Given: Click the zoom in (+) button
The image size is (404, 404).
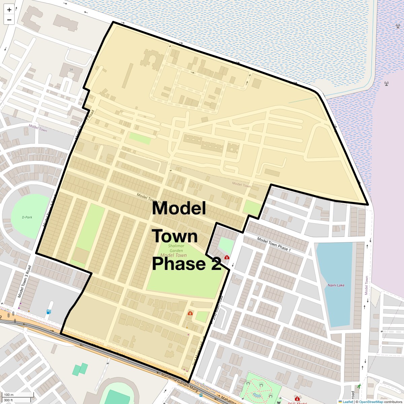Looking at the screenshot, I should tap(9, 10).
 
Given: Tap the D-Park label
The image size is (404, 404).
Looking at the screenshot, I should tap(27, 217).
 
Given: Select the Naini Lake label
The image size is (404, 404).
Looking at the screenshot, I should tap(336, 285).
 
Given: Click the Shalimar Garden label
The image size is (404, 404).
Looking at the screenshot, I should tap(176, 248).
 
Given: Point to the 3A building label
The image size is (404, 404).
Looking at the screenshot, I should tap(71, 69).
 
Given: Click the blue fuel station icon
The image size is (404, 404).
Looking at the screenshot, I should tap(49, 312).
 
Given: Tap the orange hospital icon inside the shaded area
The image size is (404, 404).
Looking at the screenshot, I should tap(190, 313).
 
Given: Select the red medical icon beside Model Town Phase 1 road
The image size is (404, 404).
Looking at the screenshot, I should tap(227, 257).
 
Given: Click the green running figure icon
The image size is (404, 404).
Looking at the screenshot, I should tap(359, 386).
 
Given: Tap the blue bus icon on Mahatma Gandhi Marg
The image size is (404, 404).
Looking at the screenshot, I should tap(201, 396).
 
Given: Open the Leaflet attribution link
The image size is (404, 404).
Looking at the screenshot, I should tap(347, 402).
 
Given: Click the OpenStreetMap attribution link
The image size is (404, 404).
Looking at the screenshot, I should tap(371, 402).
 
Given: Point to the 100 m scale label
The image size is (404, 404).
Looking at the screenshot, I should tap(9, 395).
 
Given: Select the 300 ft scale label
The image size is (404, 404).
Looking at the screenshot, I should tap(8, 400).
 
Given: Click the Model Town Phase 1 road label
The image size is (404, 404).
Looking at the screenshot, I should tap(274, 244).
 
